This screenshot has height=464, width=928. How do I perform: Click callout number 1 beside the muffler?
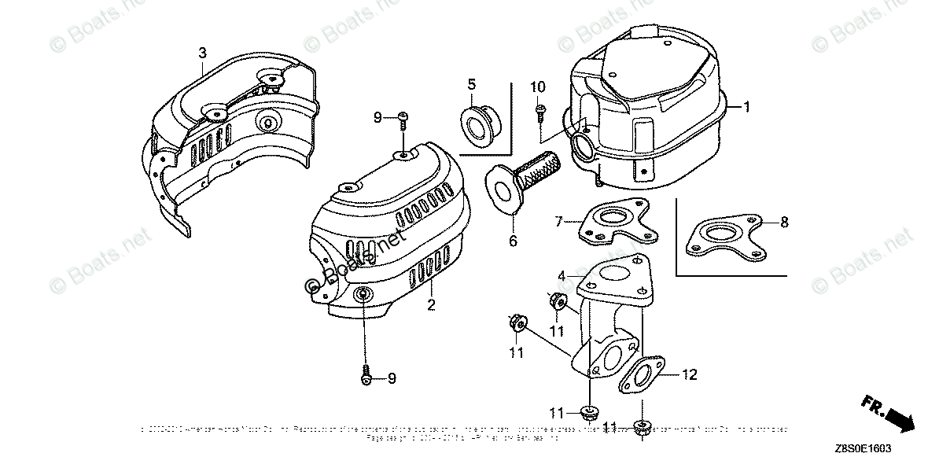tap(747, 106)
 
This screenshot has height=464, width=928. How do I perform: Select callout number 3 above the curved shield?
tap(202, 53)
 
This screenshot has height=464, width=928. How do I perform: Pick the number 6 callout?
tap(513, 241)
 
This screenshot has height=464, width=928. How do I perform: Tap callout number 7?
tap(559, 223)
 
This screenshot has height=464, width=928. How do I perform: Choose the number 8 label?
tap(783, 223)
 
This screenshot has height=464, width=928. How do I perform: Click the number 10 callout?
tap(538, 86)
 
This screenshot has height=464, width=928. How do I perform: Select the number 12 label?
tap(689, 375)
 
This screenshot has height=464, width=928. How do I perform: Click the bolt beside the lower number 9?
tap(366, 379)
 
